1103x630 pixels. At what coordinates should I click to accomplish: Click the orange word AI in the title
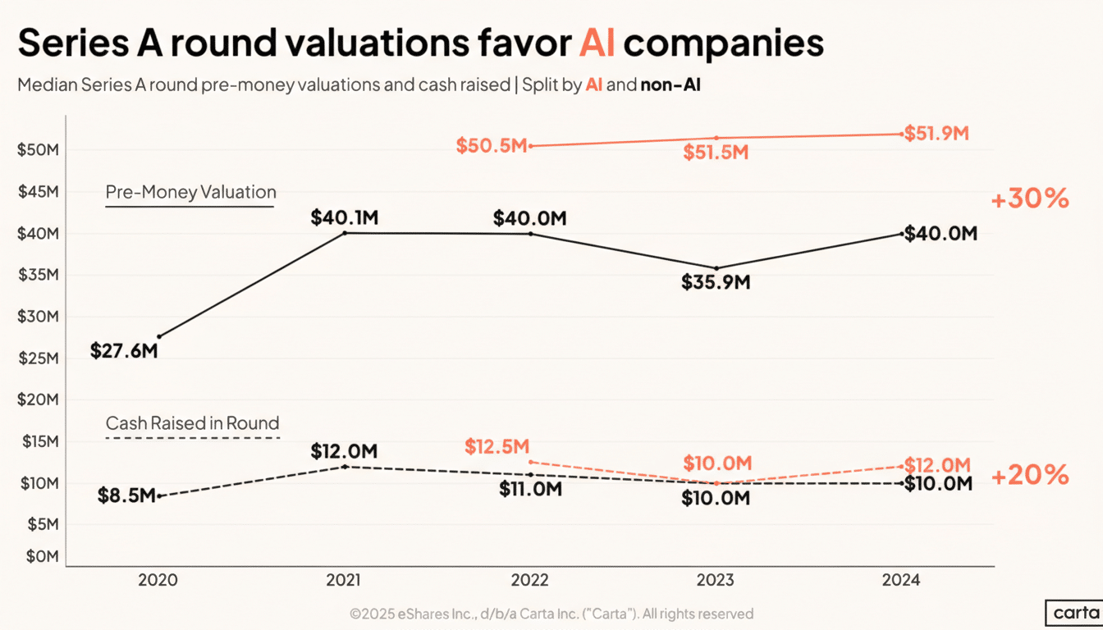pos(597,42)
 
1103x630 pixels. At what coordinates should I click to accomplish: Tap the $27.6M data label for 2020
pos(124,351)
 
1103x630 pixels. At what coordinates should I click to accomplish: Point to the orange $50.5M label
pos(491,146)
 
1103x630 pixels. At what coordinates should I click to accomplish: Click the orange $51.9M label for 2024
pos(936,134)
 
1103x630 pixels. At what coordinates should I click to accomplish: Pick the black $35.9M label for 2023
pos(716,282)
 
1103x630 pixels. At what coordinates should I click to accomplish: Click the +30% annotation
pos(1030,199)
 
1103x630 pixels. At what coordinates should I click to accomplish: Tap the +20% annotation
pos(1030,475)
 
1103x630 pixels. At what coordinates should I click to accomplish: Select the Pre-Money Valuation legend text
pos(190,192)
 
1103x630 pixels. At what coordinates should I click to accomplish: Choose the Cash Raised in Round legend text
pos(193,423)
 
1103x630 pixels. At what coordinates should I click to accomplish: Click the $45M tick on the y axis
pos(37,192)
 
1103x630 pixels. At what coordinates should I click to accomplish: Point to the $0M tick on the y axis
pos(41,557)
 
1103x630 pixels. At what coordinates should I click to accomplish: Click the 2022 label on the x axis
pos(530,580)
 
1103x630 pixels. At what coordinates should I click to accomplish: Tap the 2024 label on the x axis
pos(901,580)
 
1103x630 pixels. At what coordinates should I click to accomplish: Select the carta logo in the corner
pos(1074,613)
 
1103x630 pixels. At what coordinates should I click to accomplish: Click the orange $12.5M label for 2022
pos(497,446)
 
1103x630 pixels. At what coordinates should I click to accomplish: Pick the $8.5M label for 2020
pos(126,496)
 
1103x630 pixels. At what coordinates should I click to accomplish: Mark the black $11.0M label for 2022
pos(530,490)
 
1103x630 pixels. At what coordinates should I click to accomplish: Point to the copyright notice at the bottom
pos(551,613)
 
